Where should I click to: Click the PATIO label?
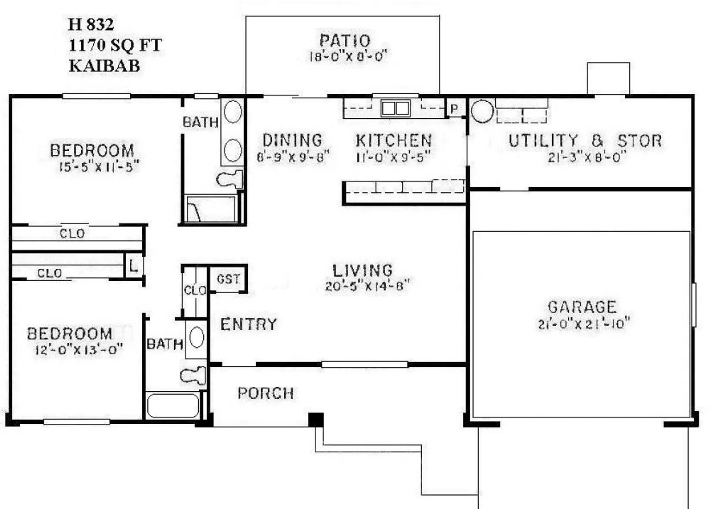click(345, 41)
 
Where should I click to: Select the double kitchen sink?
click(395, 108)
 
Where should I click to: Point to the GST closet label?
click(228, 279)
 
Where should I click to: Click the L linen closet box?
click(133, 266)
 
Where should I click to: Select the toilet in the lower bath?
click(193, 375)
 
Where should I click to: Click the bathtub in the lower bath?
click(173, 406)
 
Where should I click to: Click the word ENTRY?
click(248, 324)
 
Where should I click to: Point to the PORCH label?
click(266, 393)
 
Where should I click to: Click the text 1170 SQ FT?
click(115, 45)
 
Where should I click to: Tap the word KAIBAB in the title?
click(104, 66)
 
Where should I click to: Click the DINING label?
click(292, 140)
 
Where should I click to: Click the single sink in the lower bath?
click(196, 337)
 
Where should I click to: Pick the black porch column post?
click(316, 419)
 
